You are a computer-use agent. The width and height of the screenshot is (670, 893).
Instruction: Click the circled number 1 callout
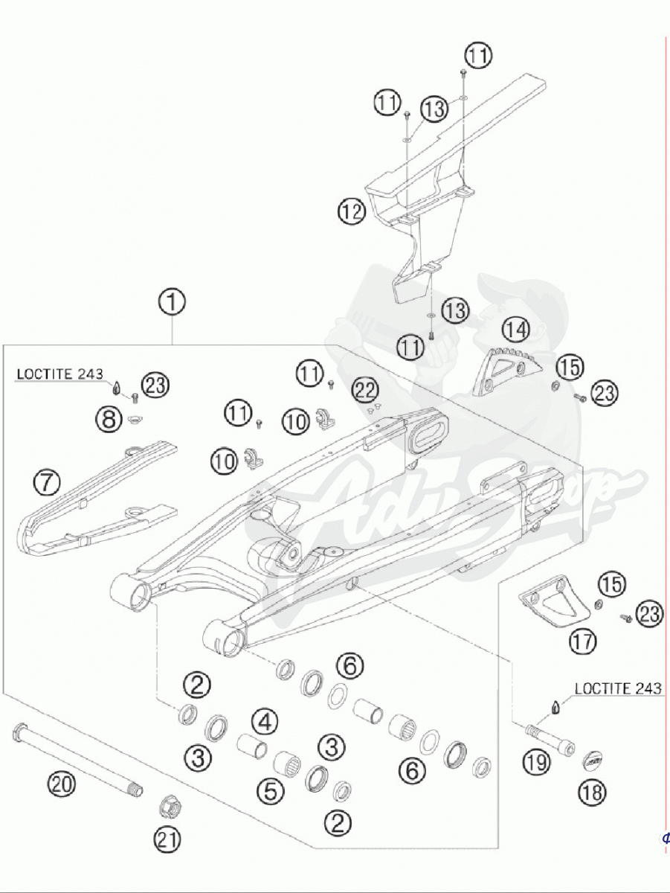tap(172, 303)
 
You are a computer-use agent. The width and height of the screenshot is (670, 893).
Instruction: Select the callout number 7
tap(46, 484)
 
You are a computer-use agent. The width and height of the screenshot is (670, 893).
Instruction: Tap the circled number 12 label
tap(352, 212)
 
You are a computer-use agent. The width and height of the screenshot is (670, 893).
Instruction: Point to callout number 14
tap(515, 328)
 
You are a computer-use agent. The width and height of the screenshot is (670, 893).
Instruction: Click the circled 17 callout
tap(583, 641)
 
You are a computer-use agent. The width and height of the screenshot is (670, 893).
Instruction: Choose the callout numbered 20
tap(62, 783)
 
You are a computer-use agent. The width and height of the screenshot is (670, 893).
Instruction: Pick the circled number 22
tap(365, 389)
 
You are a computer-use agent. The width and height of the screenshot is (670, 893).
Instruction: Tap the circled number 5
tap(271, 791)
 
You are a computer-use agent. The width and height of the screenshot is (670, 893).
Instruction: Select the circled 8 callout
tap(109, 419)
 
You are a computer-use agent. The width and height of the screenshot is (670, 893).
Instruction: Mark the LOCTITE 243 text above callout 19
tap(616, 688)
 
